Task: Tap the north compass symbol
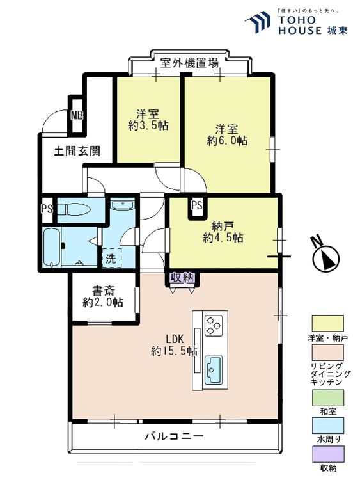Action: (x=325, y=259)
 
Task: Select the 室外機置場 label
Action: (x=189, y=63)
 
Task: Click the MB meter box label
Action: (x=77, y=116)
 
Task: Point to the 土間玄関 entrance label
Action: (x=76, y=152)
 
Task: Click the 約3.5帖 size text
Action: (x=148, y=127)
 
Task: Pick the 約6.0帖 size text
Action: (x=227, y=141)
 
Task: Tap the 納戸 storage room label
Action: (x=223, y=225)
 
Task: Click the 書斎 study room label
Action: (x=103, y=289)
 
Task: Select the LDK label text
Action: (x=175, y=339)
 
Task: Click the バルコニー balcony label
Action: (x=174, y=436)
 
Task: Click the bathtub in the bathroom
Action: (x=52, y=248)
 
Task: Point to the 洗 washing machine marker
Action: (x=110, y=259)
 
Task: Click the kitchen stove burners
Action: (x=212, y=324)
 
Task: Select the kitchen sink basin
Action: (x=212, y=367)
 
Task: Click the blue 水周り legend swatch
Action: (x=327, y=426)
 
